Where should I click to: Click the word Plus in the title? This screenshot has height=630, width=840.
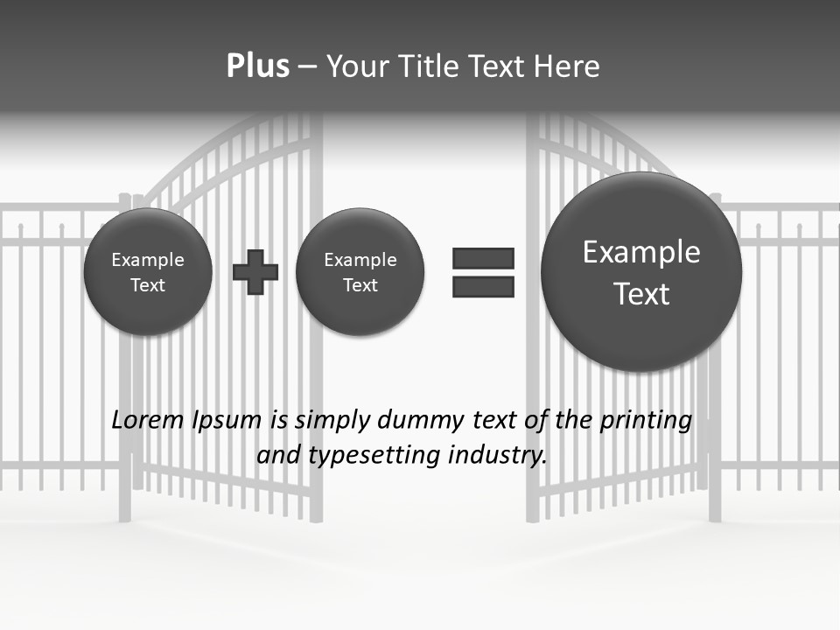[257, 66]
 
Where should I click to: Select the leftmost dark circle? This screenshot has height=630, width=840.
[148, 272]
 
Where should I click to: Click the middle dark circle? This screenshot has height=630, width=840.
[360, 272]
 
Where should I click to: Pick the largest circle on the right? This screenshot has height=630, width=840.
[641, 272]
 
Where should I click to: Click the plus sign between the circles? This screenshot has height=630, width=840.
[255, 272]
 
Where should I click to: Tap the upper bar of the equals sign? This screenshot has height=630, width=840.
[483, 258]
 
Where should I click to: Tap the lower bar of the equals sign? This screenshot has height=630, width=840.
[483, 286]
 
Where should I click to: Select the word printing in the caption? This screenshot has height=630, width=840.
[645, 421]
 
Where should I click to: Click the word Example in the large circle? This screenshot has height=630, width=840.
[641, 252]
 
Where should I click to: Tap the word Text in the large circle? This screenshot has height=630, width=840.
[641, 294]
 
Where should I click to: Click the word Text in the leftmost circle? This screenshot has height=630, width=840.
[148, 285]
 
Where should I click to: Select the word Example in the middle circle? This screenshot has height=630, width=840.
[360, 260]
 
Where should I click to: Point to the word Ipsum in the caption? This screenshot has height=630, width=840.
[227, 421]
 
